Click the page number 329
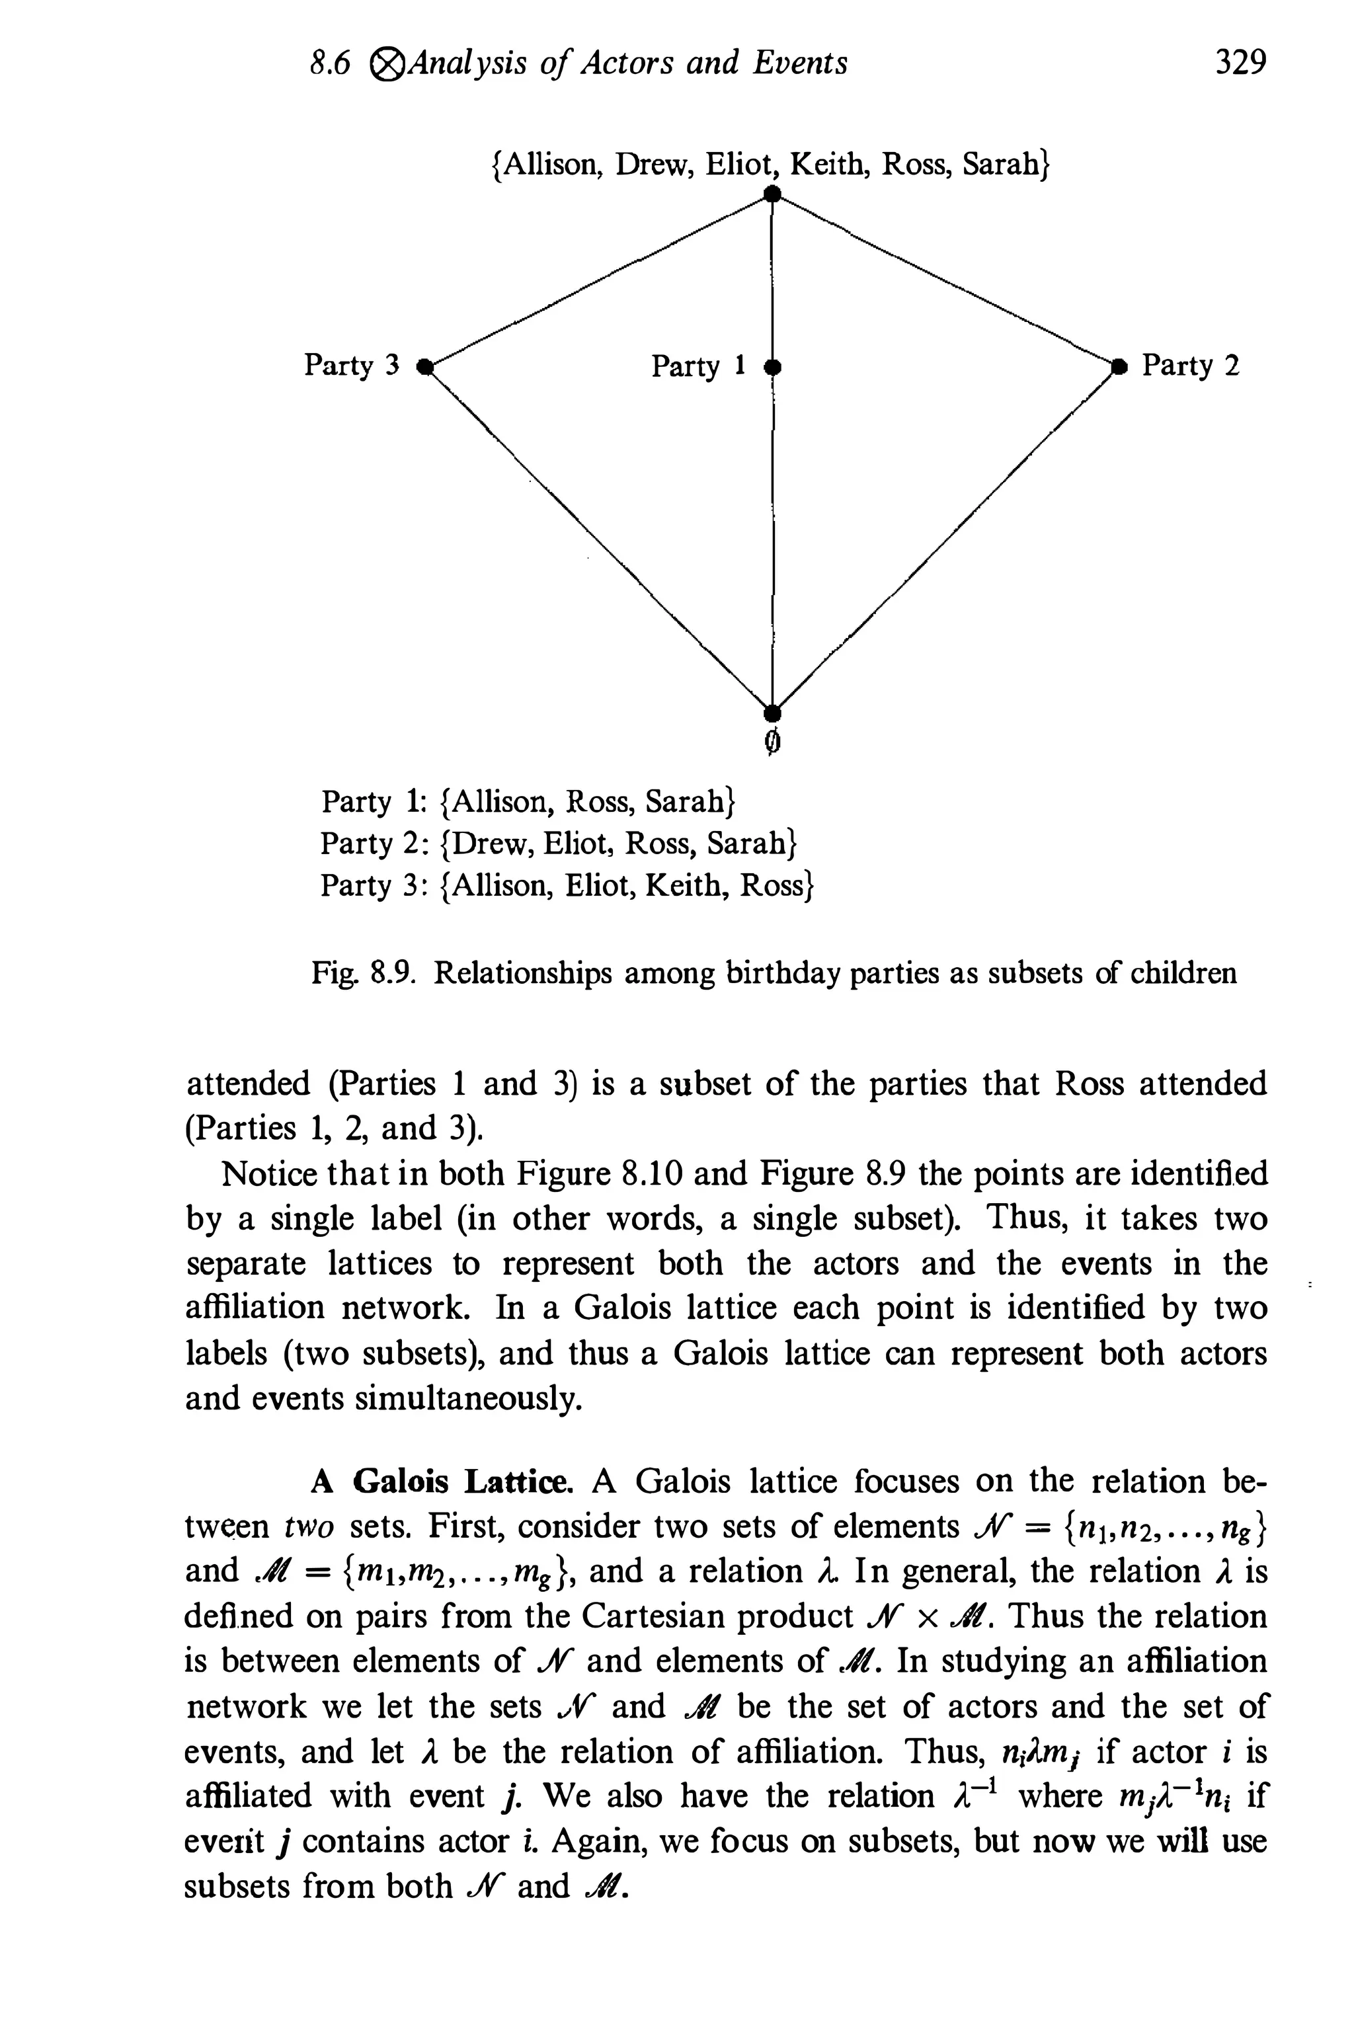(1240, 63)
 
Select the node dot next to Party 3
(424, 366)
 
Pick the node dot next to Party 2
(1120, 366)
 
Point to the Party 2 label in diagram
(1190, 366)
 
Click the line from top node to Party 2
(945, 280)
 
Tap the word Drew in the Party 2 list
(486, 844)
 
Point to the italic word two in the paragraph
(308, 1526)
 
